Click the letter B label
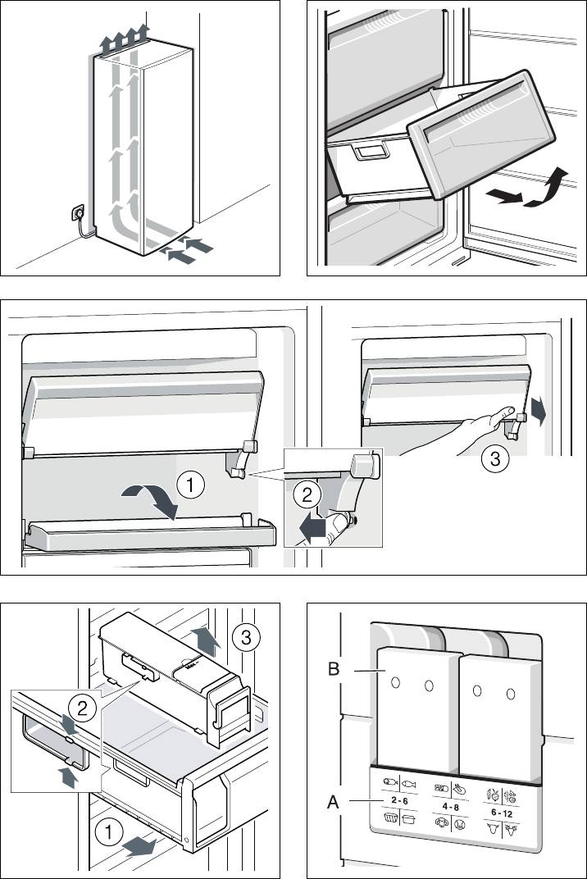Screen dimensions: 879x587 click(333, 669)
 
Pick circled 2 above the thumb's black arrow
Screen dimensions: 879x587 click(305, 495)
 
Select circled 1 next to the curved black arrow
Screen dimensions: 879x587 click(190, 485)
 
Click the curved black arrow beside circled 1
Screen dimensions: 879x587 click(151, 497)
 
